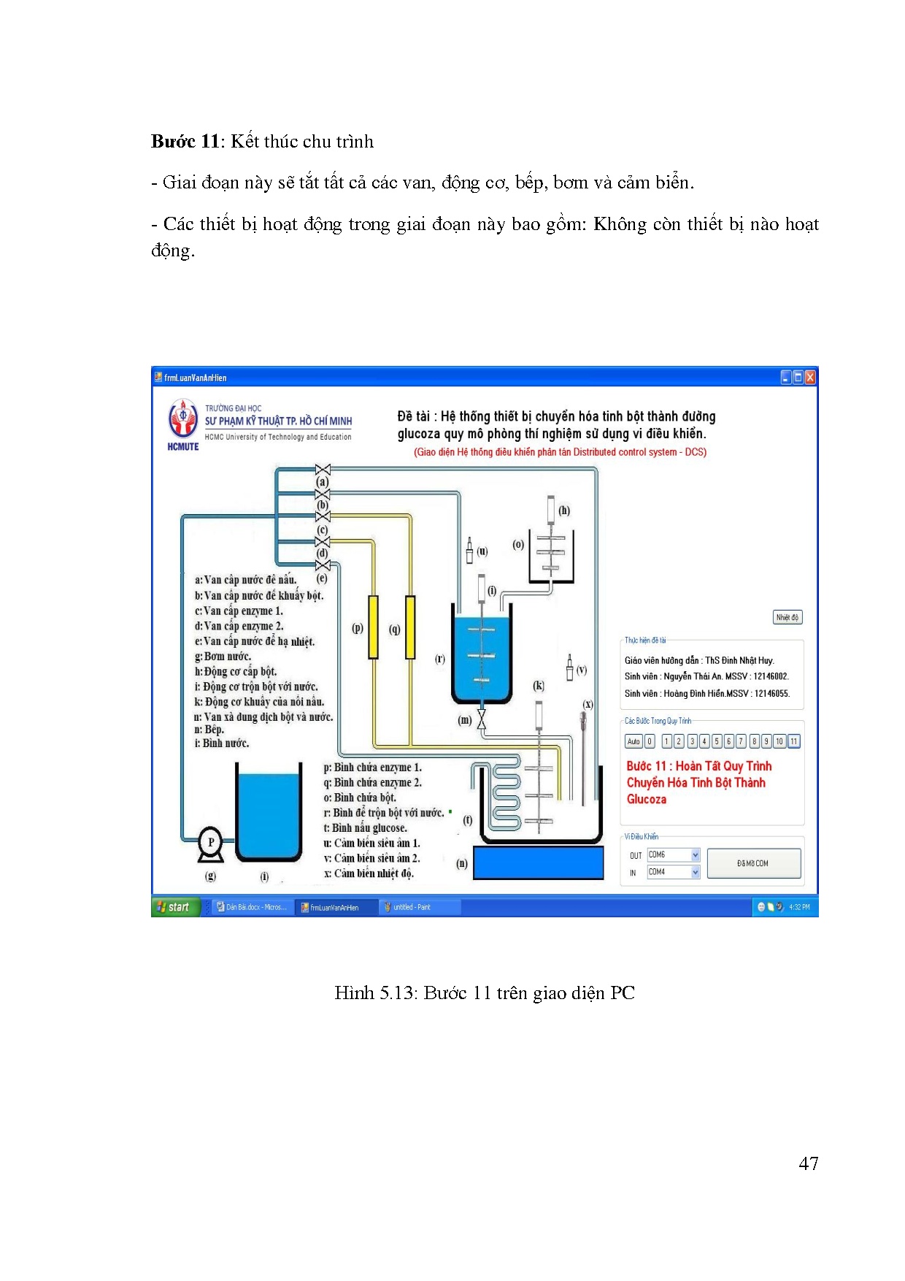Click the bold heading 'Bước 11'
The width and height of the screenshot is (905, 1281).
pos(185,142)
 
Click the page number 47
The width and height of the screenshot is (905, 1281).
pos(808,1163)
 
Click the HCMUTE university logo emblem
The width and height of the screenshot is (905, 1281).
pos(183,418)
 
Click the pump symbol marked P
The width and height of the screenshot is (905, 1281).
pos(211,843)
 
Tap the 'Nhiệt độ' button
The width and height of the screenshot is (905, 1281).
pos(787,617)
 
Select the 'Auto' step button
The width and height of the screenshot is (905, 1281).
pos(633,741)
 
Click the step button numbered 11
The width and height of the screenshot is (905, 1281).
pos(793,741)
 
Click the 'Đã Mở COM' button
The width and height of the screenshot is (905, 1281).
pos(753,863)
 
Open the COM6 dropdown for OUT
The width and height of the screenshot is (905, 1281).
pos(695,854)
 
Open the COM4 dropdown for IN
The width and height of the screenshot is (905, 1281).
pos(695,872)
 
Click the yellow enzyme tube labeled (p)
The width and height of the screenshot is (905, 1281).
pos(374,627)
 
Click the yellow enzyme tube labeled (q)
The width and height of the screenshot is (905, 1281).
pos(410,627)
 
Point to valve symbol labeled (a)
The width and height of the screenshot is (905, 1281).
pos(323,470)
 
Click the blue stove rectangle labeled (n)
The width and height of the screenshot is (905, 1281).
pos(539,863)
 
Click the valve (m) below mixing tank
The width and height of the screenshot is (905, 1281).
pos(482,719)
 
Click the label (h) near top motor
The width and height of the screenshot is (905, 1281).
pos(564,511)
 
